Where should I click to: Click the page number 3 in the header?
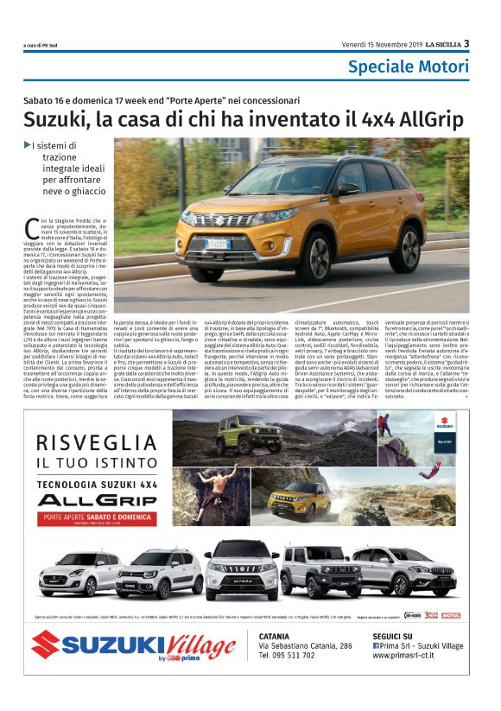[467, 43]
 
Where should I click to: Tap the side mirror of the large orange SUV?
[347, 188]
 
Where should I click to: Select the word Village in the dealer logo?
[189, 644]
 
